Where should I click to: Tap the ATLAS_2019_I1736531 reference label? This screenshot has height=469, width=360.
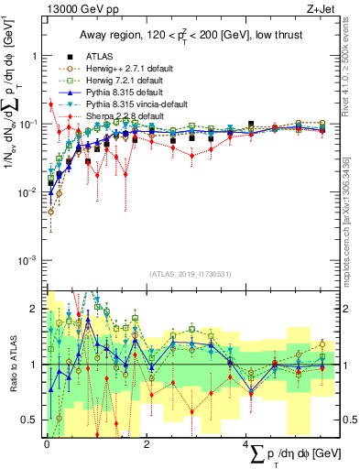coord(183,273)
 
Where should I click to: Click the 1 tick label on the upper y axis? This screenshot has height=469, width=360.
coord(37,55)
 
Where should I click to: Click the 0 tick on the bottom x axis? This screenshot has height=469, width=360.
coord(47,443)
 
